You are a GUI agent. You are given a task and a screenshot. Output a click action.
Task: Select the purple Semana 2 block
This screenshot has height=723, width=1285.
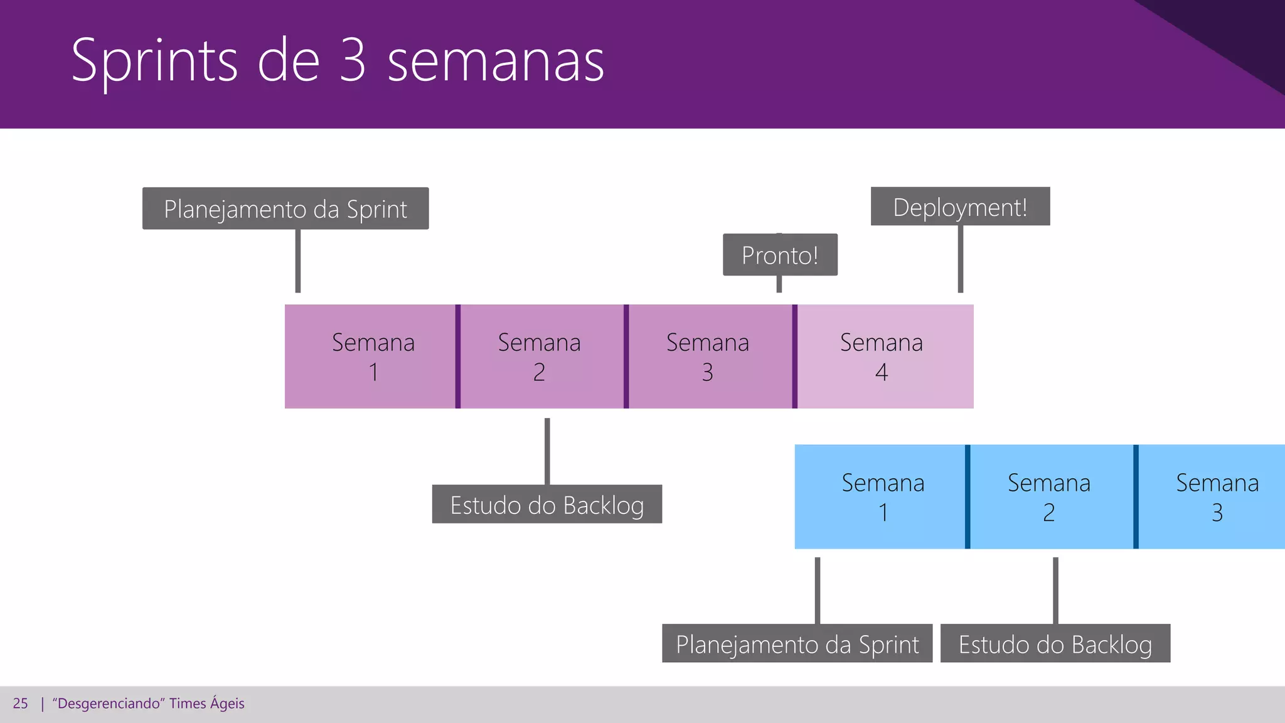(541, 356)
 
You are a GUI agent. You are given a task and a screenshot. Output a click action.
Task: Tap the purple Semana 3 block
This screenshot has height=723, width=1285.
(710, 356)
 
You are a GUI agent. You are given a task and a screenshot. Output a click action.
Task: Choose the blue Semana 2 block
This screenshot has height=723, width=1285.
(1051, 497)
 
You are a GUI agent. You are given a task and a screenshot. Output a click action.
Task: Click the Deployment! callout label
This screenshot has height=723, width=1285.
(960, 206)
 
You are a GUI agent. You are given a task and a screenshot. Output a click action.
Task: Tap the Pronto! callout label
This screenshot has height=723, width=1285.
(780, 255)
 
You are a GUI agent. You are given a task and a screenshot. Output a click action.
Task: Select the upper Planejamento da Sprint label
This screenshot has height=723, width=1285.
(285, 208)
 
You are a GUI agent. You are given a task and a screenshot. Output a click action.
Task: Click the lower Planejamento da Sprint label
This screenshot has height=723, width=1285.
(797, 643)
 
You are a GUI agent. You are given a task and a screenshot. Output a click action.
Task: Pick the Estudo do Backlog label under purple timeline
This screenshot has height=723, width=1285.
(547, 504)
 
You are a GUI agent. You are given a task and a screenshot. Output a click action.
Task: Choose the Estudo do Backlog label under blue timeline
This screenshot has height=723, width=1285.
(1055, 643)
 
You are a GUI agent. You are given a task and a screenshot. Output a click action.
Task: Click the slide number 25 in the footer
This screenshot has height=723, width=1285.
(20, 704)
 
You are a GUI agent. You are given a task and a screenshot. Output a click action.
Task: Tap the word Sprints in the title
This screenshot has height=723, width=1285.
(154, 61)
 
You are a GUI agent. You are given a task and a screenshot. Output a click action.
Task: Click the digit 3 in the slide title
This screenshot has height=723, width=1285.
(353, 61)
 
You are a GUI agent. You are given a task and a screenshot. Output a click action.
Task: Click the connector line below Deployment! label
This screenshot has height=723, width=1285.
(960, 259)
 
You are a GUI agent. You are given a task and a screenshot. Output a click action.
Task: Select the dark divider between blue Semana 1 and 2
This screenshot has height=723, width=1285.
(968, 497)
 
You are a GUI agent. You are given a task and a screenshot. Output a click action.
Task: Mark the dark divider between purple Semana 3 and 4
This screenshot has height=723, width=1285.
(795, 356)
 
